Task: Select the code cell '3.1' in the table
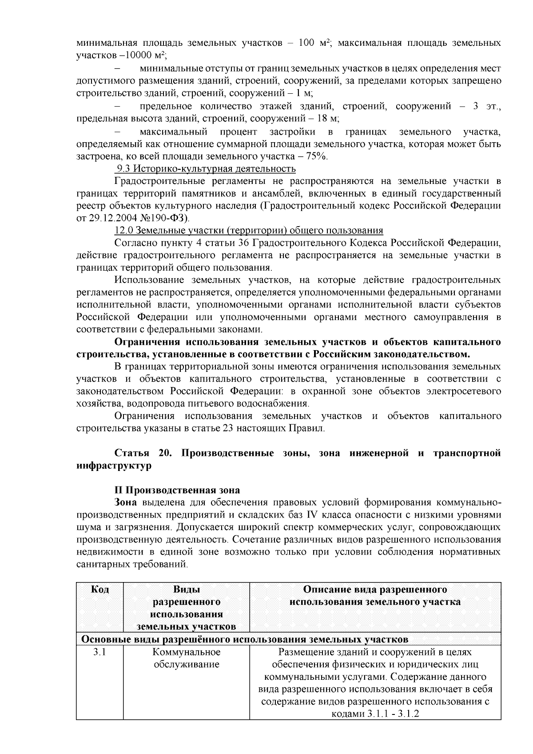(100, 652)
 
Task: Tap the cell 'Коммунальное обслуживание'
(187, 658)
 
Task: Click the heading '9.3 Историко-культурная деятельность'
(206, 169)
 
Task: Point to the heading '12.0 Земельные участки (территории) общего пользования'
(249, 231)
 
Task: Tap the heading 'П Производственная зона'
(177, 490)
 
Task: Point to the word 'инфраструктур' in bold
(114, 466)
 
